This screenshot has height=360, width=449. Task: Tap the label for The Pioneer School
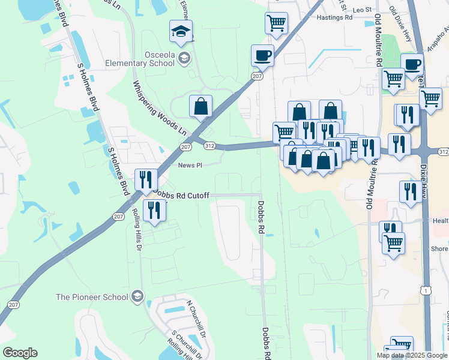92,296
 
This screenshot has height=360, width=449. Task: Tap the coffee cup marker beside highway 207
262,56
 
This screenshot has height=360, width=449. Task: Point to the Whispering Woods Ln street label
159,107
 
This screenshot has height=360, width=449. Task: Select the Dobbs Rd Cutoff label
181,195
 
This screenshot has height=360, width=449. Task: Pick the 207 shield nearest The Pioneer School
13,305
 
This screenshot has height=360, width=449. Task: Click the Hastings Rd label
334,18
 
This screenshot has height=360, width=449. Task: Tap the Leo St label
362,10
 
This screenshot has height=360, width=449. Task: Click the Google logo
20,353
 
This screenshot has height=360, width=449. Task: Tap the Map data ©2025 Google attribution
412,355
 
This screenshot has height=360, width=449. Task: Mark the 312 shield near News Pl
209,146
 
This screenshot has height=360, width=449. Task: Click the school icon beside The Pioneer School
137,296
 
